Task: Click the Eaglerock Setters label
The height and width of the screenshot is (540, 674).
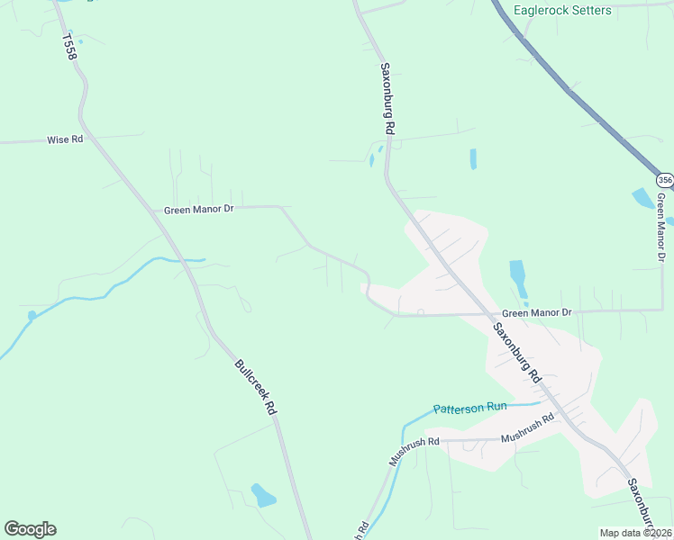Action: (x=562, y=11)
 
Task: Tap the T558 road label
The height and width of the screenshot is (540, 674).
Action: (x=71, y=48)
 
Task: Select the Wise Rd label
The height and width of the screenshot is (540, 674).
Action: (x=65, y=140)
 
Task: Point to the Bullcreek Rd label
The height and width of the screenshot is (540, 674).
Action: (x=255, y=386)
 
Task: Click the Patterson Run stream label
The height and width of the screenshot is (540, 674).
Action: (x=469, y=408)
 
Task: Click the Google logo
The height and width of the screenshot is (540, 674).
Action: (x=30, y=529)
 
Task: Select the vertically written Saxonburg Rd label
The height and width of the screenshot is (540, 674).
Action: (x=387, y=99)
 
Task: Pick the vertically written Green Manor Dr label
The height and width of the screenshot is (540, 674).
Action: (x=663, y=220)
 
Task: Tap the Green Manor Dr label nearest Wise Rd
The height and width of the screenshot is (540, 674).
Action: (x=199, y=210)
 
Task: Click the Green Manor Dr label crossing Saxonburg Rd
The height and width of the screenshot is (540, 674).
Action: (x=536, y=312)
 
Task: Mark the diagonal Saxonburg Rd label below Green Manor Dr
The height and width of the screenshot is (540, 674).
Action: (x=516, y=352)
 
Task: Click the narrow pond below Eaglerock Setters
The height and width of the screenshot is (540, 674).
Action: (x=473, y=159)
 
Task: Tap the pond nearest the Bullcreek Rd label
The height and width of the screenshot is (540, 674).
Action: (x=263, y=495)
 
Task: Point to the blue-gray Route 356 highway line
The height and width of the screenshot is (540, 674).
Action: (x=577, y=90)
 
